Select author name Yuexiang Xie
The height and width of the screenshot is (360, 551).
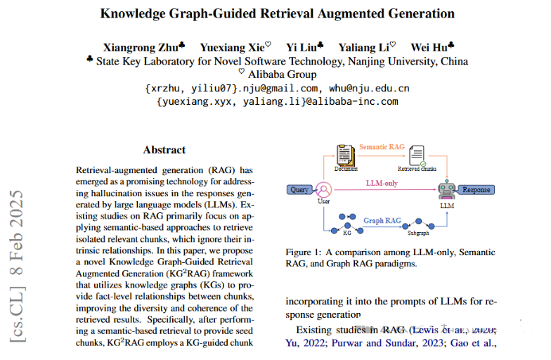232,47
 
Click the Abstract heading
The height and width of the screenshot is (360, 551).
164,150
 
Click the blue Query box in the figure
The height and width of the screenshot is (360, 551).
300,190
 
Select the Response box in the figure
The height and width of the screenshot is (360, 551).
476,190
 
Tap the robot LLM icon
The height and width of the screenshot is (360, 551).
446,189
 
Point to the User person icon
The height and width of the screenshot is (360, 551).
324,190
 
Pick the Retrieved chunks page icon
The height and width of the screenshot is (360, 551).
417,155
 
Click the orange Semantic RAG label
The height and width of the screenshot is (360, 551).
382,147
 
